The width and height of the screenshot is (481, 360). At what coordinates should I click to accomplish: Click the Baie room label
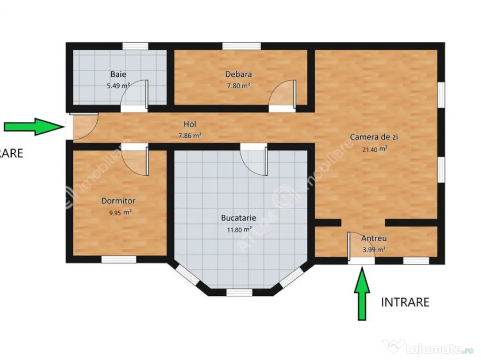pyautogui.click(x=118, y=74)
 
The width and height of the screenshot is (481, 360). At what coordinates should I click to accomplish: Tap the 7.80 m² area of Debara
pyautogui.click(x=239, y=86)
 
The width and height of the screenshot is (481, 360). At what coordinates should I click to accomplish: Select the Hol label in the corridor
pyautogui.click(x=190, y=124)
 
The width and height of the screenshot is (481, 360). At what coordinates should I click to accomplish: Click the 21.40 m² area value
pyautogui.click(x=375, y=149)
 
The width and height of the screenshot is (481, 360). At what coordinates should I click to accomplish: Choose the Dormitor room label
pyautogui.click(x=118, y=201)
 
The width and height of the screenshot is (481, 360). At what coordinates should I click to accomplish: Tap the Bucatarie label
pyautogui.click(x=239, y=217)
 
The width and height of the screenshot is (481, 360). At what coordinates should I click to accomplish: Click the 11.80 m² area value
pyautogui.click(x=239, y=230)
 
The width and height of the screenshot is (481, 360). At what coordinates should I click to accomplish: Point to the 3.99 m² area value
pyautogui.click(x=374, y=250)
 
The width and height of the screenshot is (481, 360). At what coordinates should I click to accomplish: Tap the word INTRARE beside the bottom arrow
pyautogui.click(x=405, y=302)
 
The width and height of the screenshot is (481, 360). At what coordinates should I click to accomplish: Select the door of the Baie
pyautogui.click(x=136, y=95)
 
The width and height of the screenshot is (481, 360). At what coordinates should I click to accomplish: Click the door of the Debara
pyautogui.click(x=284, y=95)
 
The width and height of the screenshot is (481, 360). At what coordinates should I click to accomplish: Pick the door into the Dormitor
pyautogui.click(x=137, y=160)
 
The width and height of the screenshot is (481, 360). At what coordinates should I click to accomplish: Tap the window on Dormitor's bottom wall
pyautogui.click(x=119, y=259)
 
